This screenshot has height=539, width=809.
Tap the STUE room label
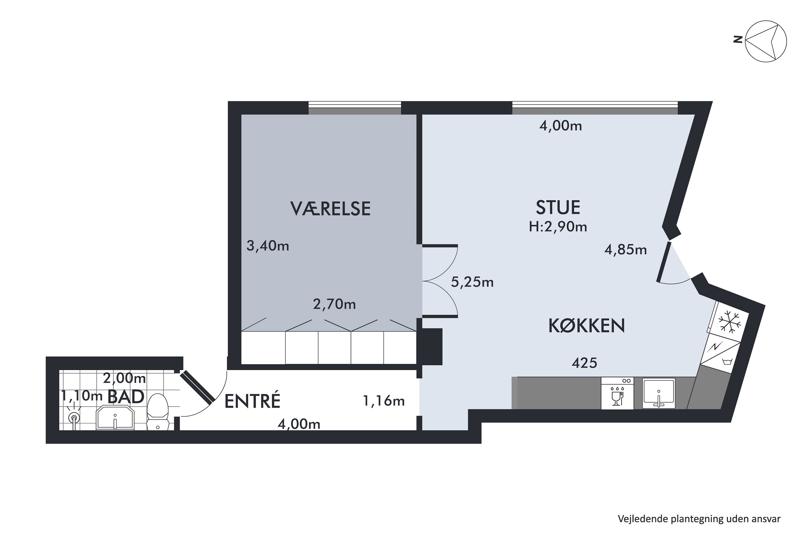pos(558,207)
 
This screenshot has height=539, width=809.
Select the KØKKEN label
pos(587,326)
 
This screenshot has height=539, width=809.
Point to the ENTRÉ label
pos(252,401)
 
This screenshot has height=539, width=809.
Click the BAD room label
pos(126,397)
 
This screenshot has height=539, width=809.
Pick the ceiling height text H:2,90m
pos(558,227)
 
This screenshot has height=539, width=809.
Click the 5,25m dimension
pos(472,282)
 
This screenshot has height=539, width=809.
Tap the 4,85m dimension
pos(625,250)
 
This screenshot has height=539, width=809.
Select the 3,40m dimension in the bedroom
pos(268,246)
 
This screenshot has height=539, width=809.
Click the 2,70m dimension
pos(334,304)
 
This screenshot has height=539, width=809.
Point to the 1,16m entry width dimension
pos(383,401)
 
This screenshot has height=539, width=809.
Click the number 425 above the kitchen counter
pos(584,363)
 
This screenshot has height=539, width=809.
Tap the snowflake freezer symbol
pos(729,322)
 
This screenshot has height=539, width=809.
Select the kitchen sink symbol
pos(658,393)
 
